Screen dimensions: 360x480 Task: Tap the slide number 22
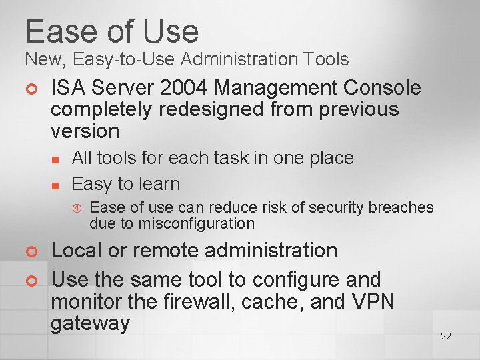coord(446,336)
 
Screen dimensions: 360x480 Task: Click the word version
coord(85,131)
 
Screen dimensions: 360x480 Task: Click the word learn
coord(159,183)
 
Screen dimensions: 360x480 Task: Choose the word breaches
coord(401,207)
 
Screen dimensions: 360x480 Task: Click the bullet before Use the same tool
coord(30,281)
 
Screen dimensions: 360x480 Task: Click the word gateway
coord(90,324)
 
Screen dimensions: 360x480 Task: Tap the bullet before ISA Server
coord(30,89)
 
